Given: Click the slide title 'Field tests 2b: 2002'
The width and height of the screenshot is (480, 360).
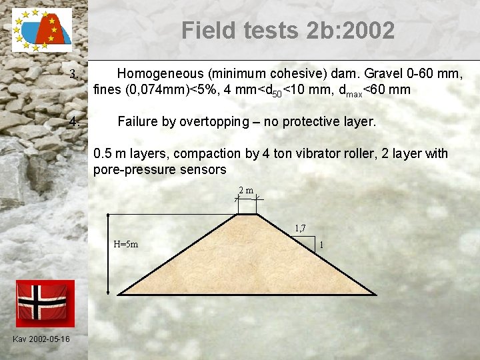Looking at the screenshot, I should tap(287, 30).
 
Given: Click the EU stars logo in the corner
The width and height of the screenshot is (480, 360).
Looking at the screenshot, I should tap(41, 30).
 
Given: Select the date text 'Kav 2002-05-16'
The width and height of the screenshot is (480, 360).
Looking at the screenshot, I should tap(41, 339).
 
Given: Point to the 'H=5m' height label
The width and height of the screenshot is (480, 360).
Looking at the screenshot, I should tap(125, 244).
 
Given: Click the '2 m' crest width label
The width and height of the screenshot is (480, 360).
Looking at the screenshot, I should tap(246, 191).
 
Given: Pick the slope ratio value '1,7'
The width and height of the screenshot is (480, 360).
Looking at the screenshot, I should tap(300, 228).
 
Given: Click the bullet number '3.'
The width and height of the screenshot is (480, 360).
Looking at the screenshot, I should tap(75, 74).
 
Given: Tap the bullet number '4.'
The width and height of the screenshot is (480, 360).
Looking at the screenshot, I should tap(75, 122).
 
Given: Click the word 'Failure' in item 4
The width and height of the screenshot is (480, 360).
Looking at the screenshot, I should tap(137, 122).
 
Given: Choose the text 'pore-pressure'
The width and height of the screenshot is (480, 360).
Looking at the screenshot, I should tap(131, 169).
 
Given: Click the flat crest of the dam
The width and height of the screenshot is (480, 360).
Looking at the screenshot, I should tap(247, 214).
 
